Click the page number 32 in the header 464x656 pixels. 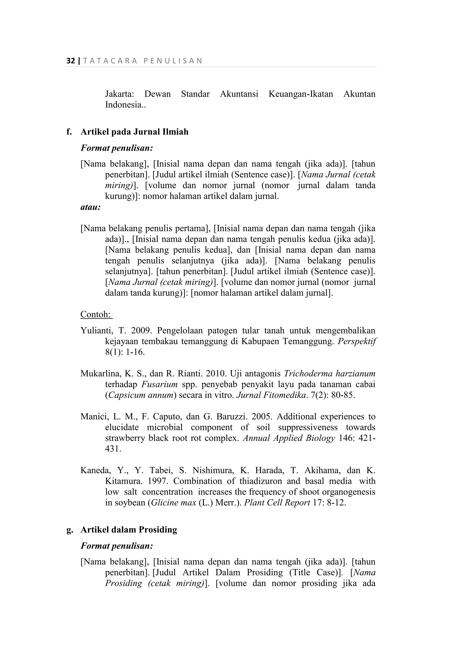pyautogui.click(x=70, y=61)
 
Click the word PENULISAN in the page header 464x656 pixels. pyautogui.click(x=173, y=61)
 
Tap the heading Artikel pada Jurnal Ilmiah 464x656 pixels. pyautogui.click(x=134, y=132)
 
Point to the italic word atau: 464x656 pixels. pyautogui.click(x=91, y=207)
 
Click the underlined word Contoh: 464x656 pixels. pyautogui.click(x=96, y=314)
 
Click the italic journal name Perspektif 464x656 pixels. pyautogui.click(x=357, y=341)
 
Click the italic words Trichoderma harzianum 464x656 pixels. pyautogui.click(x=330, y=374)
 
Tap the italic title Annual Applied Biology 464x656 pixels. pyautogui.click(x=289, y=438)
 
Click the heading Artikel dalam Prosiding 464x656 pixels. pyautogui.click(x=129, y=530)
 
